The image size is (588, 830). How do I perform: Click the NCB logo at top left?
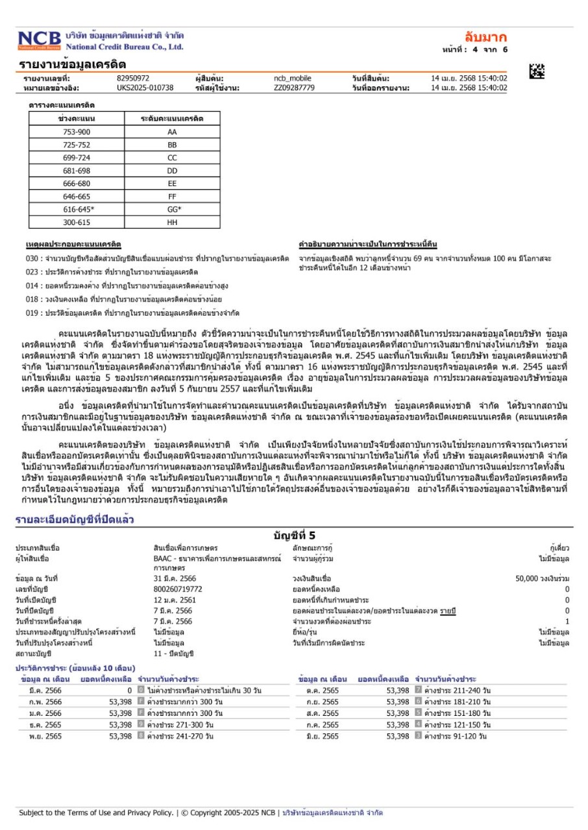click(x=40, y=41)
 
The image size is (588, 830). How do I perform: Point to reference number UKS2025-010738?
click(x=145, y=88)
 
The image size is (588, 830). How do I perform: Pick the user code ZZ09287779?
click(x=294, y=88)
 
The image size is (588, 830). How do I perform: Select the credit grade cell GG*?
click(x=172, y=209)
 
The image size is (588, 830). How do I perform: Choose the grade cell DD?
click(x=172, y=171)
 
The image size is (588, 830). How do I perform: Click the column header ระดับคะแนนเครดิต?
click(x=172, y=119)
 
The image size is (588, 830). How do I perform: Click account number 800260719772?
click(x=178, y=589)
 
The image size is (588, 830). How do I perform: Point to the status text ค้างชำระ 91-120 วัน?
click(x=456, y=737)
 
